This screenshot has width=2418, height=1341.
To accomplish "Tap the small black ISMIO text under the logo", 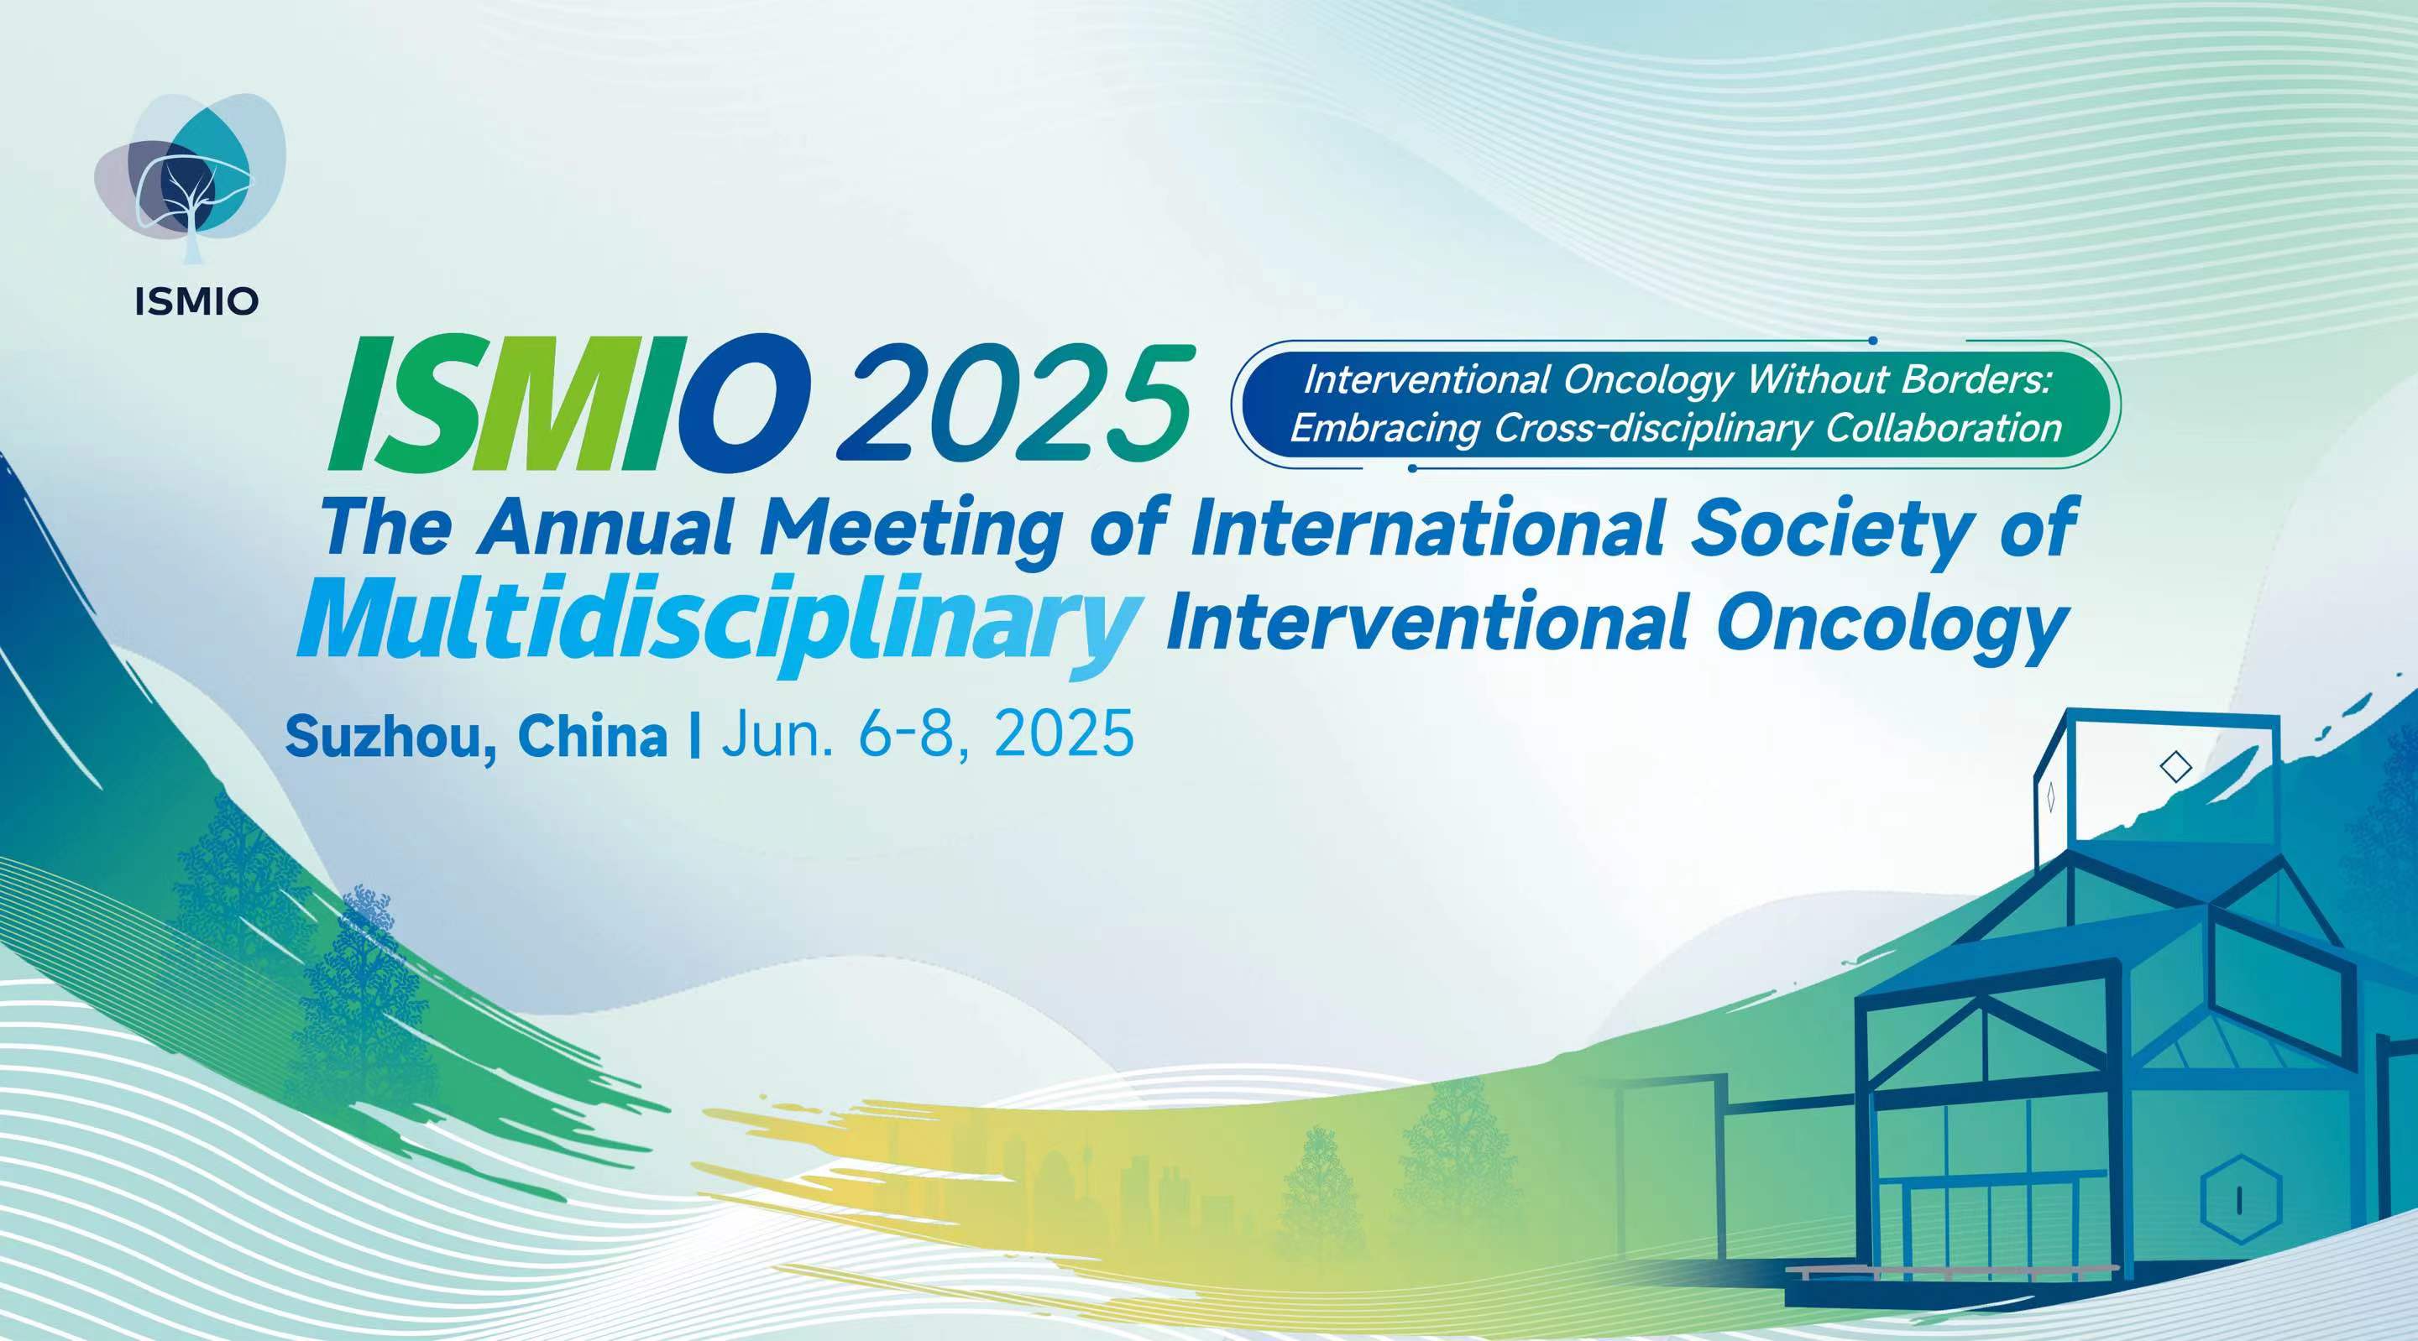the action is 196,302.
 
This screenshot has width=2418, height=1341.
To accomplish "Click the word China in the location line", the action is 592,736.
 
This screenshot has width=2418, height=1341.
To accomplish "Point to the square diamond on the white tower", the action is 2176,768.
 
